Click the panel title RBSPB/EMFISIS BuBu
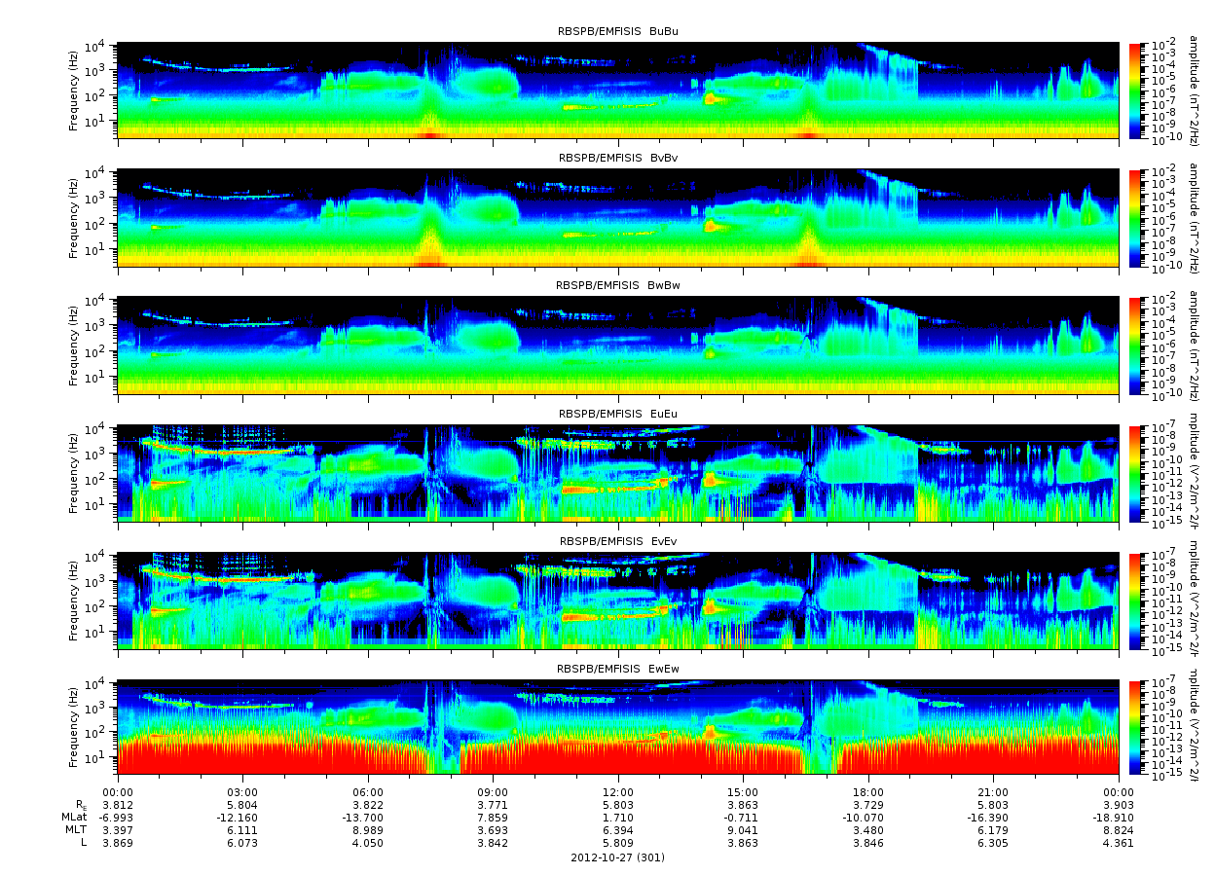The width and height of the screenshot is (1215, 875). (618, 31)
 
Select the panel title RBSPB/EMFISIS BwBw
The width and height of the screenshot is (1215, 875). (618, 286)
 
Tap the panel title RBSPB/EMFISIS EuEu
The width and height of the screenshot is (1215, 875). (618, 414)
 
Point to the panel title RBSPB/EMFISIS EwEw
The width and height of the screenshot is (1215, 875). (618, 670)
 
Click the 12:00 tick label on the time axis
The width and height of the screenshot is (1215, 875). (618, 793)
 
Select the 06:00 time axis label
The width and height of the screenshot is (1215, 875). (368, 793)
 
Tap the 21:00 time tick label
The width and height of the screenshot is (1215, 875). (993, 793)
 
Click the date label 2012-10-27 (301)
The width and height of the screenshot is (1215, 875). (618, 857)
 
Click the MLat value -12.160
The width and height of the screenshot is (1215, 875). (242, 819)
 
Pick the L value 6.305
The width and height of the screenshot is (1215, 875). (993, 843)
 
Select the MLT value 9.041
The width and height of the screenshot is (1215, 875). (743, 830)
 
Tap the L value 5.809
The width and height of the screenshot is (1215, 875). (618, 843)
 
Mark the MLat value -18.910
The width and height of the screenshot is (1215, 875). (1119, 819)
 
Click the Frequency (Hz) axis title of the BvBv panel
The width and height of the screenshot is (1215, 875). (73, 217)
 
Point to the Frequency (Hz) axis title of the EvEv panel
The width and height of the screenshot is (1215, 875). (73, 601)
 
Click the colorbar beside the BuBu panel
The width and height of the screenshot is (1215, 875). (1134, 90)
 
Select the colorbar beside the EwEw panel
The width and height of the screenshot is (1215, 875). (1134, 727)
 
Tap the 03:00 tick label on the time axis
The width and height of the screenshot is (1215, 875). (242, 793)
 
